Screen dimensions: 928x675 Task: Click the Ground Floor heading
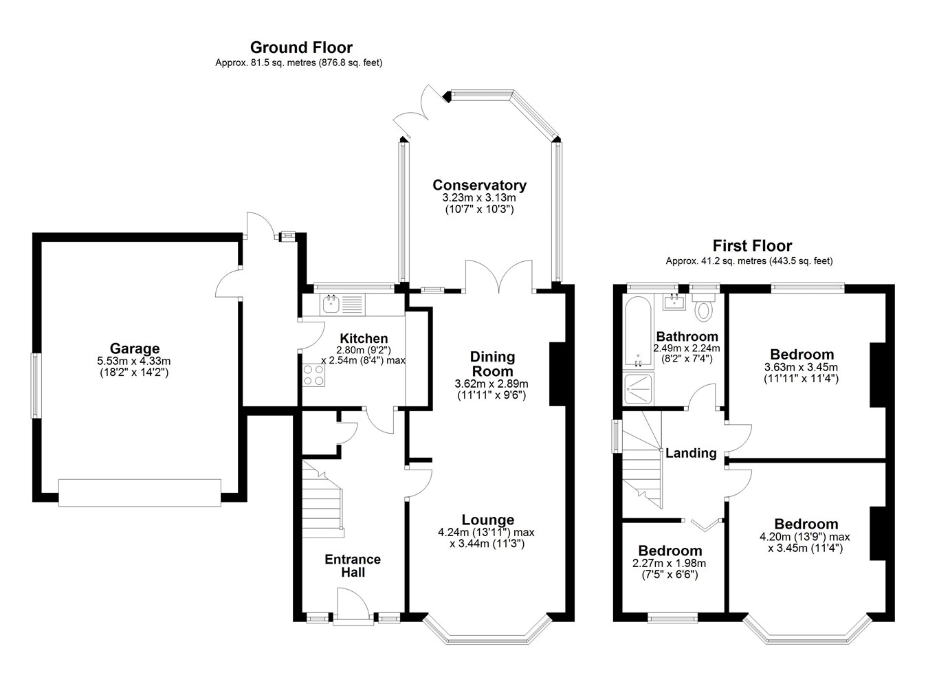(301, 47)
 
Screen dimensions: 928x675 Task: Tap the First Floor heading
(752, 245)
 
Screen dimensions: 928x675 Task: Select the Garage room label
(135, 348)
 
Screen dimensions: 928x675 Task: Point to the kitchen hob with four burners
(313, 375)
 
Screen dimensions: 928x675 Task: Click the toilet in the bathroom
(703, 307)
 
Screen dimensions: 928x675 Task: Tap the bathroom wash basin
(674, 302)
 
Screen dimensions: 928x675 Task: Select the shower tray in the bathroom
(639, 388)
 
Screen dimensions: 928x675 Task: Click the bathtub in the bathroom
(638, 332)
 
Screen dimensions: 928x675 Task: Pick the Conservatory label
(479, 185)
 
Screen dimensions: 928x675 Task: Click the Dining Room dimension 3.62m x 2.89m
(491, 384)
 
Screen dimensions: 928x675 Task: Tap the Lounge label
(488, 519)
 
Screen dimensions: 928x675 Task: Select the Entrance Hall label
(353, 566)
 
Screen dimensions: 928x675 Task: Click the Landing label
(691, 453)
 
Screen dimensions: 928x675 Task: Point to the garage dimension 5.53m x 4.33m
(134, 361)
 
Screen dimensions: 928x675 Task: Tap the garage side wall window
(36, 386)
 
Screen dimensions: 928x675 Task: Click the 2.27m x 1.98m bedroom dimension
(669, 563)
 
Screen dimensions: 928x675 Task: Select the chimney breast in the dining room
(557, 374)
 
